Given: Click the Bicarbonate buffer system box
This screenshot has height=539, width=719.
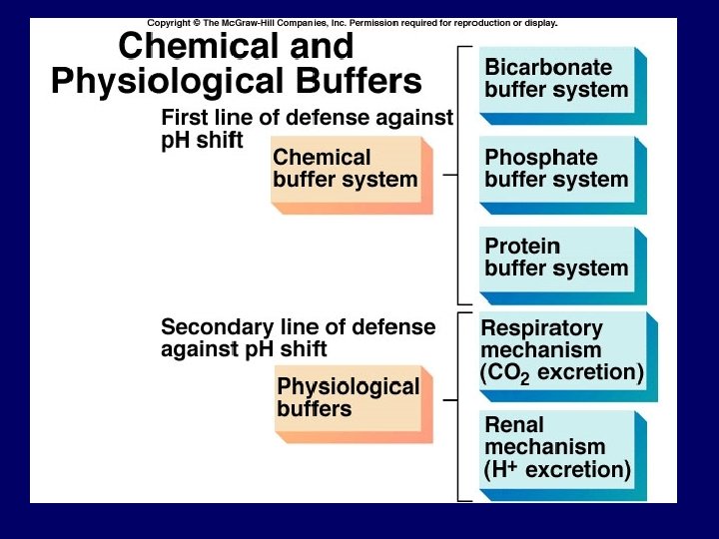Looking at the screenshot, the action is click(557, 80).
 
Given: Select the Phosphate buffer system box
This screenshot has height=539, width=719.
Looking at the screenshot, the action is click(557, 170).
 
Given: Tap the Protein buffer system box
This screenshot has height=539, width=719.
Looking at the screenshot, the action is click(557, 259).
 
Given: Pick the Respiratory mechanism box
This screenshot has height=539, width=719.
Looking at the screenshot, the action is click(561, 351).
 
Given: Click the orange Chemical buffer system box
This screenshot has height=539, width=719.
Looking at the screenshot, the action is click(346, 170).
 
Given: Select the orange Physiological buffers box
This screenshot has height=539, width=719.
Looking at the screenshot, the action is click(349, 398).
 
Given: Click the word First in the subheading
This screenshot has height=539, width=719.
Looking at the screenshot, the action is click(186, 118).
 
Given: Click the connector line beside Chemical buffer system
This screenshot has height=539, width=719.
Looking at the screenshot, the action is click(449, 174).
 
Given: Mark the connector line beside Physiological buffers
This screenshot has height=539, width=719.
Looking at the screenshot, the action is click(449, 400).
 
